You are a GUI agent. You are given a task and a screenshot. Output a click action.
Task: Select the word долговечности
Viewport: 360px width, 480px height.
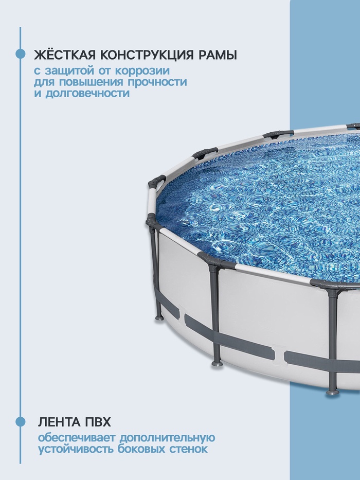[x=87, y=93]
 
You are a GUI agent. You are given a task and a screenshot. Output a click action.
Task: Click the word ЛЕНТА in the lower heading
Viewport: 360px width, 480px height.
[x=57, y=422]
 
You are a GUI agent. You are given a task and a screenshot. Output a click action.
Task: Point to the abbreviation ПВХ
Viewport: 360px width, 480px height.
[x=96, y=422]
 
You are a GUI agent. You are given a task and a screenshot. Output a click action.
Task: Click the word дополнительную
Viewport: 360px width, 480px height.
[x=167, y=438]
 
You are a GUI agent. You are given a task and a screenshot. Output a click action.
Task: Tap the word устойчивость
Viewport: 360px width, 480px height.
[x=76, y=449]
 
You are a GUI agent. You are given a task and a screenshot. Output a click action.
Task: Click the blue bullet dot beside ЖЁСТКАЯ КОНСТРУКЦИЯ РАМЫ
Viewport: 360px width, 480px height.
[x=21, y=54]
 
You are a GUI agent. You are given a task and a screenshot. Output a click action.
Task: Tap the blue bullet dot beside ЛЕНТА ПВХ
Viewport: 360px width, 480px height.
[x=21, y=422]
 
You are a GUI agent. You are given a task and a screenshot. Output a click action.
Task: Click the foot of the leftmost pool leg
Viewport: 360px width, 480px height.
[x=159, y=317]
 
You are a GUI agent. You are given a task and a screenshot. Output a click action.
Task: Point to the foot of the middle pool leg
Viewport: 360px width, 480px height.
[x=217, y=363]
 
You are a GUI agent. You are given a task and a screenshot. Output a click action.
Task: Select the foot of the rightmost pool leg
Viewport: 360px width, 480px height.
[x=332, y=392]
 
